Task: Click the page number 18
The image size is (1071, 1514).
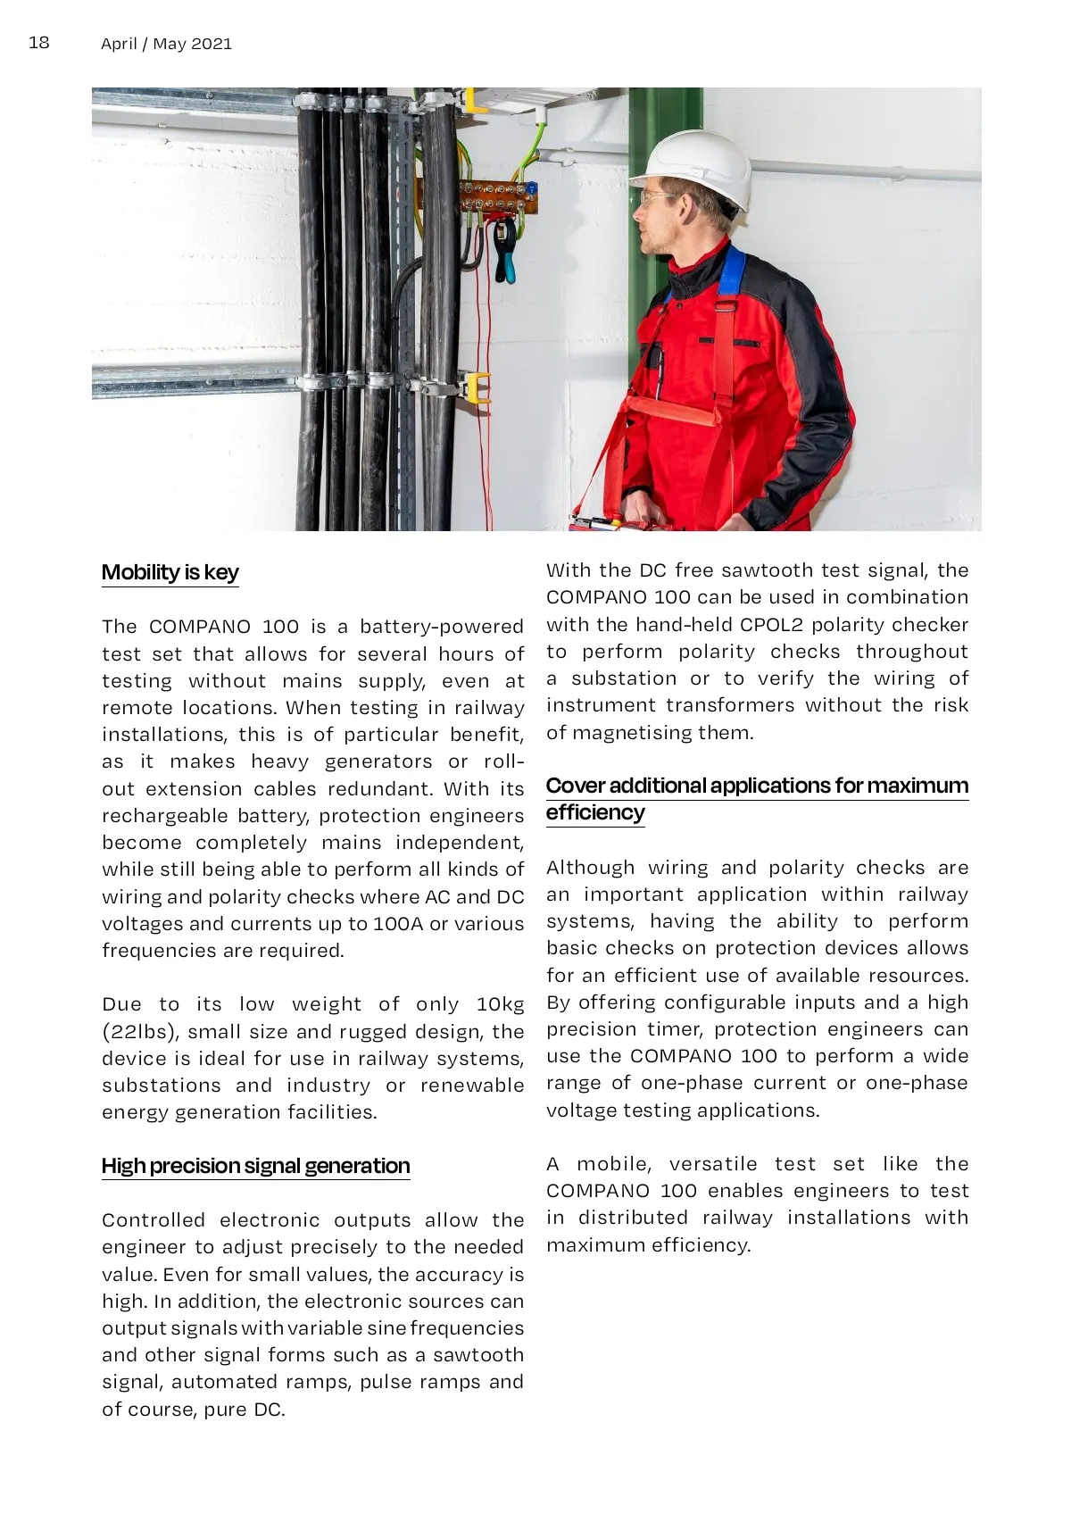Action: click(x=39, y=42)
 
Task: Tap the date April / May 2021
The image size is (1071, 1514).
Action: click(x=166, y=44)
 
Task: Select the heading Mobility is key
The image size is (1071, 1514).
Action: click(x=170, y=572)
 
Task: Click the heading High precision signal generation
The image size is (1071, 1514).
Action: click(x=255, y=1166)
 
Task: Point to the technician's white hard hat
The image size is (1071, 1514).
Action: click(x=702, y=166)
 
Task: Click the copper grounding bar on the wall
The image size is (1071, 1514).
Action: click(x=497, y=198)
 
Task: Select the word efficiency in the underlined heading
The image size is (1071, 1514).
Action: click(x=594, y=812)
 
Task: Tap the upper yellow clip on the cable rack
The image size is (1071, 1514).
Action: click(x=474, y=100)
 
